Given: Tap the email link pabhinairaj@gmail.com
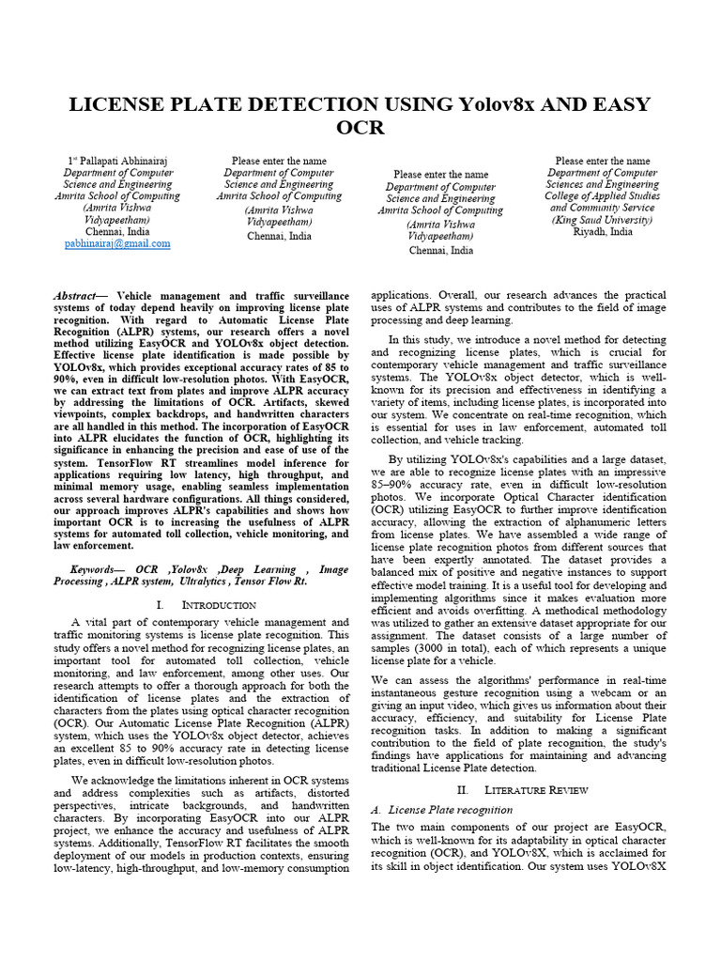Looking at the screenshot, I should click(x=117, y=243).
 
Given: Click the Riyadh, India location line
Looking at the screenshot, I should click(x=602, y=231).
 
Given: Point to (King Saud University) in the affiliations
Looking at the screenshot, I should click(x=602, y=220).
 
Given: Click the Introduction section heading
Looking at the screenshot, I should click(x=219, y=605).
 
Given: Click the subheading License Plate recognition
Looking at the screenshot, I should click(x=450, y=809).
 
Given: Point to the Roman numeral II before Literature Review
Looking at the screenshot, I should click(x=461, y=790).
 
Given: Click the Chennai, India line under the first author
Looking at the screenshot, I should click(x=117, y=231).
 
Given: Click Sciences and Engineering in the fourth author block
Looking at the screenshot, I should click(x=602, y=185).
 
